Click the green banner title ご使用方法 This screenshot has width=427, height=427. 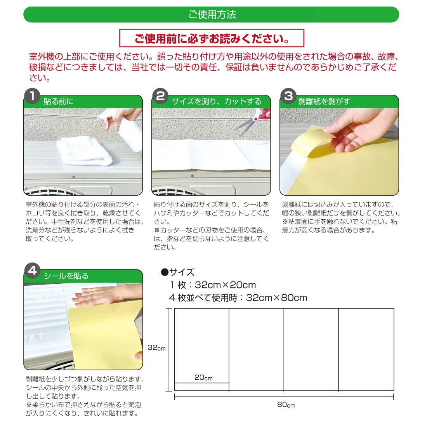pos(212,14)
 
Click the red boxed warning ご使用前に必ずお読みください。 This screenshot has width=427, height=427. pos(212,38)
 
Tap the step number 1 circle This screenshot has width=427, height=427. pos(32,96)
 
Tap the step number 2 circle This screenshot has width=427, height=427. pos(160,96)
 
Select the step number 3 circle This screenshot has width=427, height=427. pos(288,96)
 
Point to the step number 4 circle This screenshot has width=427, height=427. pos(32,271)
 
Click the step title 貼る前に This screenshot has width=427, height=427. pos(59,102)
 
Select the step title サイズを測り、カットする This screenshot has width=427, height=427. pos(217,102)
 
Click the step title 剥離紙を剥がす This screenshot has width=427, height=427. pos(324,102)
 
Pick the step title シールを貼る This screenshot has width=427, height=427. pos(66,276)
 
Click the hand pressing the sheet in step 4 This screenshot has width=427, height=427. pos(106,295)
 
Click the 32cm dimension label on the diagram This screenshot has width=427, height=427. pos(156,348)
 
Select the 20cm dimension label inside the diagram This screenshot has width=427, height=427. pos(203,377)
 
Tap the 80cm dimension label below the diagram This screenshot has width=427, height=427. pos(286,405)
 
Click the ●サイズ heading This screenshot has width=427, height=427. pos(178,272)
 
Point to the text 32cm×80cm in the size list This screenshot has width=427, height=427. pos(276,298)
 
